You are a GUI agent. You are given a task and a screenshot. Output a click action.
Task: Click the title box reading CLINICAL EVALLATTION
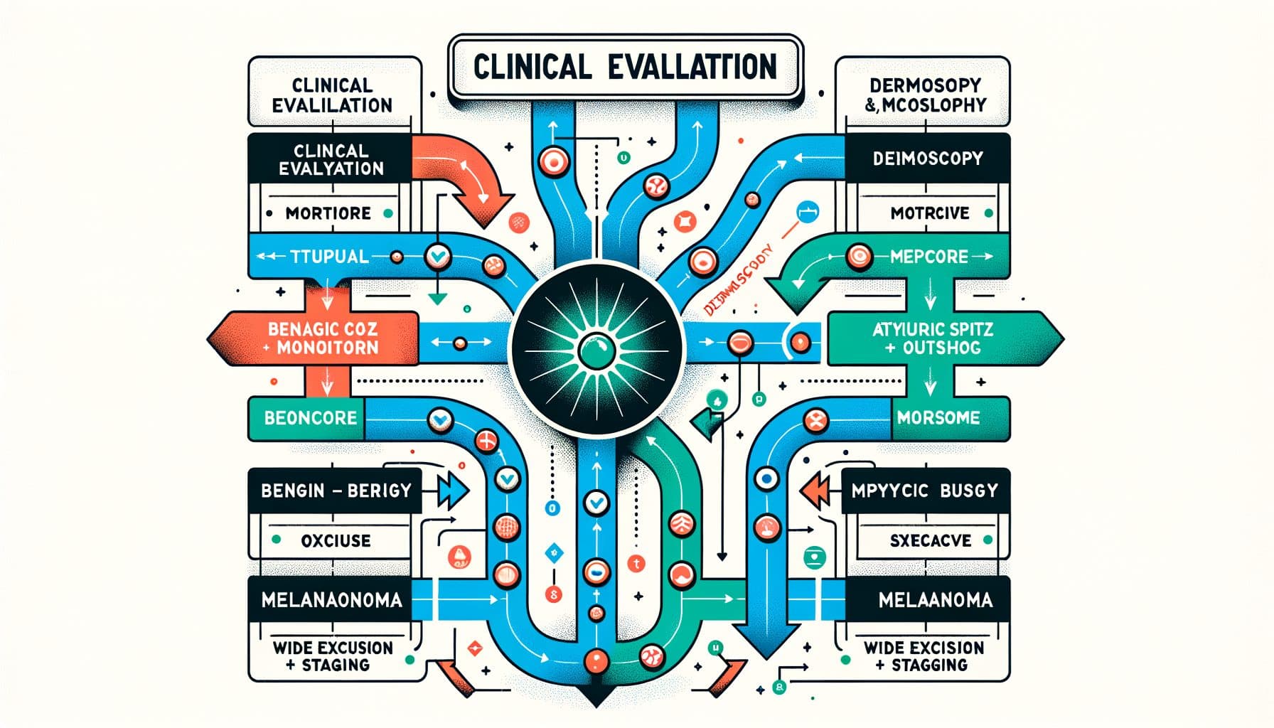click(x=626, y=68)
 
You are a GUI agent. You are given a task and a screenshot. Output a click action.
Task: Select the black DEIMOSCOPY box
click(x=927, y=158)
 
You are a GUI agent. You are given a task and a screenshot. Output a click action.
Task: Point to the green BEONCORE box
click(x=310, y=417)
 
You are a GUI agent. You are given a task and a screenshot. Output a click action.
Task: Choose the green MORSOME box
click(x=938, y=417)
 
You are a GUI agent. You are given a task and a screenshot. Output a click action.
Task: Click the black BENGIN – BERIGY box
click(x=336, y=491)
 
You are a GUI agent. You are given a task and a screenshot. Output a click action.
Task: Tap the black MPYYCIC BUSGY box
click(x=924, y=491)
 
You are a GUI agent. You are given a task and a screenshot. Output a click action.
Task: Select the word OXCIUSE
click(x=336, y=541)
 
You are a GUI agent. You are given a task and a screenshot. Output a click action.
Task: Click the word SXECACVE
click(x=930, y=541)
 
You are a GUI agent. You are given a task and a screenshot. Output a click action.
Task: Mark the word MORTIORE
click(x=328, y=213)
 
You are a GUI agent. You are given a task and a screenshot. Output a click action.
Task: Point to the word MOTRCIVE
click(x=930, y=213)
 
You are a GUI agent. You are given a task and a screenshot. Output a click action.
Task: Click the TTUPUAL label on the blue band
click(x=329, y=257)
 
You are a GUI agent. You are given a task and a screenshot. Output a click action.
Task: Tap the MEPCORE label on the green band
click(x=929, y=257)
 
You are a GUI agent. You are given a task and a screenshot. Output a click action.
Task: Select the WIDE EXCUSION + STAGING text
click(x=332, y=656)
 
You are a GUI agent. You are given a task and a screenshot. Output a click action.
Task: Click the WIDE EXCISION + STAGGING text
click(x=924, y=656)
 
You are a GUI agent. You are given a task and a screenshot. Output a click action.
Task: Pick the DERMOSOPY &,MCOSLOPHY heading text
click(x=925, y=95)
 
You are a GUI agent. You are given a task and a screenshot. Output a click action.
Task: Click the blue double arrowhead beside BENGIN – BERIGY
click(x=451, y=491)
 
